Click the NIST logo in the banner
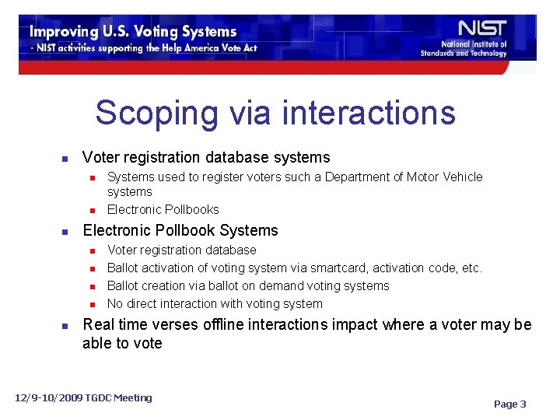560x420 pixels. (x=483, y=29)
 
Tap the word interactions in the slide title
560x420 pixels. (x=369, y=113)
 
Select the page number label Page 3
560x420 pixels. (x=510, y=404)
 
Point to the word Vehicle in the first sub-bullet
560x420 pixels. (x=462, y=177)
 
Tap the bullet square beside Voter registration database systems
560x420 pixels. (x=65, y=159)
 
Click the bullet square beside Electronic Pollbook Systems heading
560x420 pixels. (x=65, y=232)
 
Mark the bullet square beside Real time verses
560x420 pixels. (x=65, y=326)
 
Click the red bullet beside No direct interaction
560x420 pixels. (x=92, y=305)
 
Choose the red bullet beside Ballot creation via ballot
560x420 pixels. (x=92, y=287)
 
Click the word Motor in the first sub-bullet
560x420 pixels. (x=424, y=177)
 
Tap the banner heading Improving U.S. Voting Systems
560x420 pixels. (x=133, y=32)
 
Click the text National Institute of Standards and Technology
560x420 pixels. (x=464, y=49)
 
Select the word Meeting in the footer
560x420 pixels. (x=132, y=398)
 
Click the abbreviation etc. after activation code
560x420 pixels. (x=471, y=268)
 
